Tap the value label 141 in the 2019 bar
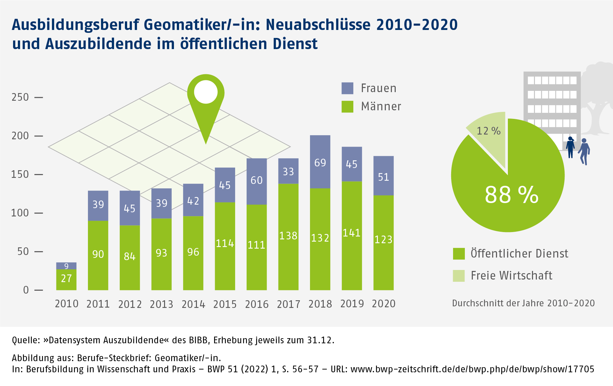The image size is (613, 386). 352,233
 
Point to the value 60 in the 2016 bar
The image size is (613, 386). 256,180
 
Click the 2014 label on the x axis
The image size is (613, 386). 193,304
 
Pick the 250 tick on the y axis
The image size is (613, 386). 20,97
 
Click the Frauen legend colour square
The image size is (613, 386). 347,88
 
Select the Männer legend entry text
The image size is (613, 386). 381,106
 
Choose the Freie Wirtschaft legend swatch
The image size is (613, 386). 459,276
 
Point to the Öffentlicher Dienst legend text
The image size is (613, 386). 519,254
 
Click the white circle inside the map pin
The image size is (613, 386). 206,92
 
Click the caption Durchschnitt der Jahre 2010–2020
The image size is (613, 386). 523,303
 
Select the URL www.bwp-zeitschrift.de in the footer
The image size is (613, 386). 472,369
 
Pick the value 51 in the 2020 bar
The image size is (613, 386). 383,177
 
